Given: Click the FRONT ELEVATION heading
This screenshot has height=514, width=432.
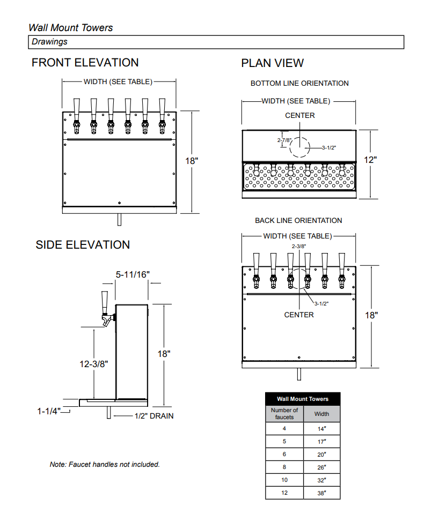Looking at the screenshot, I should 85,63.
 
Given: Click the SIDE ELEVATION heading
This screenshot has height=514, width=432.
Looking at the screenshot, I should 83,245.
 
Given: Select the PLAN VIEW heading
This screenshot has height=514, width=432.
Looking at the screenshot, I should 272,63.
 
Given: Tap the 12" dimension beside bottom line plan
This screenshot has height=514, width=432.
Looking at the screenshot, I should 370,160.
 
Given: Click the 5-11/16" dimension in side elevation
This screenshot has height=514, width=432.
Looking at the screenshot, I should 133,274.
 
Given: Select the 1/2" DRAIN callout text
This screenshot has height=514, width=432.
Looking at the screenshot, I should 153,416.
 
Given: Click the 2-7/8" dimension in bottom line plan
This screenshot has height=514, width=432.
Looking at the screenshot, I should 284,140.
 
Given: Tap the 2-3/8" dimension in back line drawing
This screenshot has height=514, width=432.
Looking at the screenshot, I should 298,246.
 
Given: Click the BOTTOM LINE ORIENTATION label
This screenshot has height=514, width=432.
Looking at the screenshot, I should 299,84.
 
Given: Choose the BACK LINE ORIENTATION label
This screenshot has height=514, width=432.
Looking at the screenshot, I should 298,221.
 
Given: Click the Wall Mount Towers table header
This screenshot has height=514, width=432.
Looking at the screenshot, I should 302,399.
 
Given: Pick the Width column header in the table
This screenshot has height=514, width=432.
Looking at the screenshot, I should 321,414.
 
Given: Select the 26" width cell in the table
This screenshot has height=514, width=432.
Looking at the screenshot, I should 321,467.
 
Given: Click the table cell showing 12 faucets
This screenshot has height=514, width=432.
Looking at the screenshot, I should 284,493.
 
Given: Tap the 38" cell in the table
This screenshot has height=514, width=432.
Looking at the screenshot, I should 321,493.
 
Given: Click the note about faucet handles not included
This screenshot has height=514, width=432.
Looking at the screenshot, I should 105,465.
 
